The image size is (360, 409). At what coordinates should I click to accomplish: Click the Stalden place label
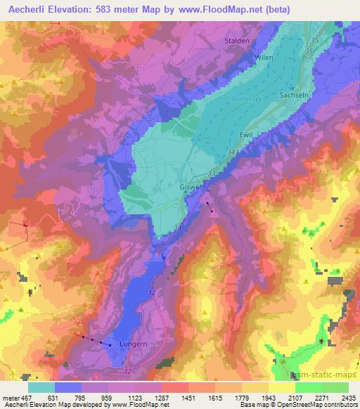point(237,41)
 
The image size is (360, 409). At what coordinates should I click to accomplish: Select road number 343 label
point(234,152)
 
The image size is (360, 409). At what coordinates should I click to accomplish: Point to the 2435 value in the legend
point(346,397)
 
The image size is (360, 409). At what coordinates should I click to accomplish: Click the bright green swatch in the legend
point(309,387)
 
